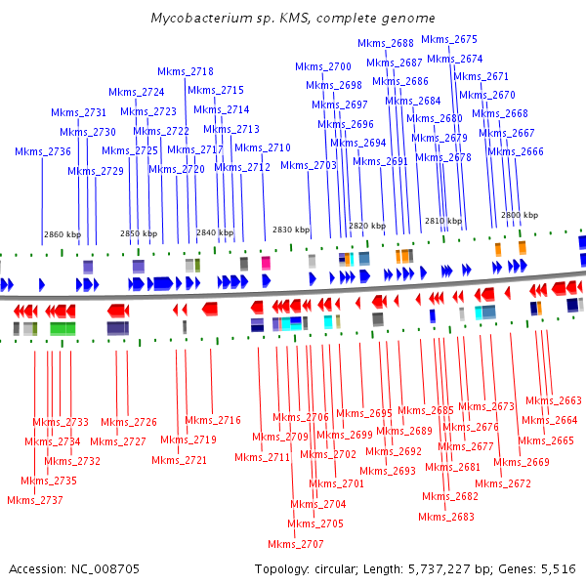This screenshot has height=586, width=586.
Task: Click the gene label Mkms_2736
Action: tap(43, 151)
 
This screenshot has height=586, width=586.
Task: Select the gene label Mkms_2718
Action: tap(186, 71)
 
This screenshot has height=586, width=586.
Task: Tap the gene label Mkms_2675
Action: tap(449, 40)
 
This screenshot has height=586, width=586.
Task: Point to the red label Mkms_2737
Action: tap(34, 500)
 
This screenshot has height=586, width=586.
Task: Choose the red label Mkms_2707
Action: tap(296, 544)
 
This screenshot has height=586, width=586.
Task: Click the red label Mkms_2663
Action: tap(553, 400)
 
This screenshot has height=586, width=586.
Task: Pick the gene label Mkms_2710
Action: tap(263, 147)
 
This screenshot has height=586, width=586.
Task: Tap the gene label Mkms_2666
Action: tap(516, 151)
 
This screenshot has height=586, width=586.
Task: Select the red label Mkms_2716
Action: tap(212, 420)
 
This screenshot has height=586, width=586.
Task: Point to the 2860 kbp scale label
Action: tap(62, 234)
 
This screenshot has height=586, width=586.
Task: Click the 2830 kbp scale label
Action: tap(290, 230)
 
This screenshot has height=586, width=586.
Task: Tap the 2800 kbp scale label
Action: tap(520, 215)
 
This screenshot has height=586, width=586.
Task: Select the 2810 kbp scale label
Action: tap(442, 221)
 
